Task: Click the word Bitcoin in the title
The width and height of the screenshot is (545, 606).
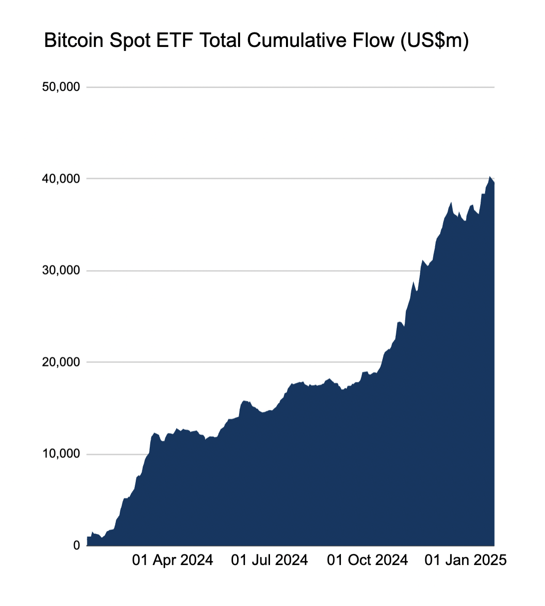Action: point(74,40)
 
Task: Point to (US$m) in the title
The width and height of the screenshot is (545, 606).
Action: point(434,40)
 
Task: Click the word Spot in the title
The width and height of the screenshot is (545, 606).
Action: point(128,40)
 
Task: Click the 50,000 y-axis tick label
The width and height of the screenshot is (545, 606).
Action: point(61,87)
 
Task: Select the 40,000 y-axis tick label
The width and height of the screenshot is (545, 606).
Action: point(61,179)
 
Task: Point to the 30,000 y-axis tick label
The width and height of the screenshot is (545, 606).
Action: point(61,271)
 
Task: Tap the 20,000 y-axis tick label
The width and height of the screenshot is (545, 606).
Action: point(61,362)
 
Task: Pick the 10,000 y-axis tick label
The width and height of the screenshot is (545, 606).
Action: point(61,454)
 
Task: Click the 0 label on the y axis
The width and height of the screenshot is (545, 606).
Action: point(76,546)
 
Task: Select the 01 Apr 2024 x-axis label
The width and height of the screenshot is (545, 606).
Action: point(172,560)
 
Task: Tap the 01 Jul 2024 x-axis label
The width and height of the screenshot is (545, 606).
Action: point(270,560)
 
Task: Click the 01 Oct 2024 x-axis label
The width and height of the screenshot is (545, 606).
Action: point(367,560)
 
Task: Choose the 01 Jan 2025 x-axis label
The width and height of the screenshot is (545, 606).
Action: point(465,560)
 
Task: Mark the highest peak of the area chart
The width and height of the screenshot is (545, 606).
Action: point(490,177)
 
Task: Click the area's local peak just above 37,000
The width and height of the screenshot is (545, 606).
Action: point(451,203)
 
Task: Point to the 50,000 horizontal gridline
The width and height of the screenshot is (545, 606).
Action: point(289,87)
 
